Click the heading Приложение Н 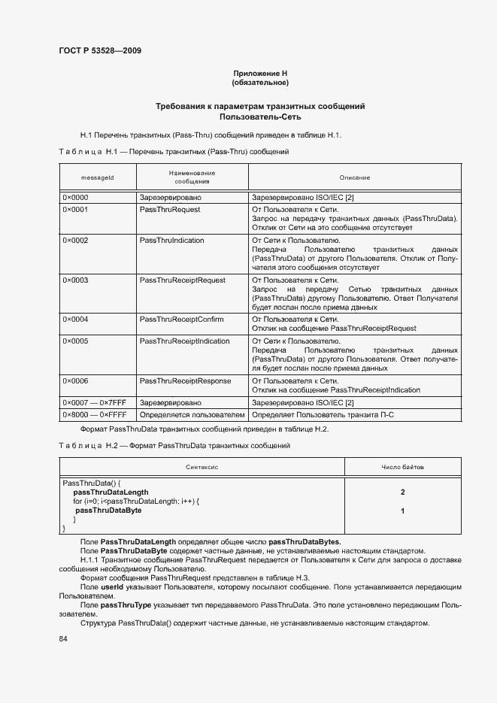[260, 73]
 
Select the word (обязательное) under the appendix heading [260, 82]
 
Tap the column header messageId [97, 177]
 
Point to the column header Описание [354, 177]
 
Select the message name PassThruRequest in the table [170, 210]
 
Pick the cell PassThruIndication [173, 241]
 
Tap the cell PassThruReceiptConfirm [181, 320]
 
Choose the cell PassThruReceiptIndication [184, 341]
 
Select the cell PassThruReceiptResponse [184, 381]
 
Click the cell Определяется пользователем [192, 414]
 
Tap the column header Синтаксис [202, 467]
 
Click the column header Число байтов [402, 467]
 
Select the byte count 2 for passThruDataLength [403, 492]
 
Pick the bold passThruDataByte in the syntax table [108, 511]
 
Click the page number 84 [63, 639]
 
